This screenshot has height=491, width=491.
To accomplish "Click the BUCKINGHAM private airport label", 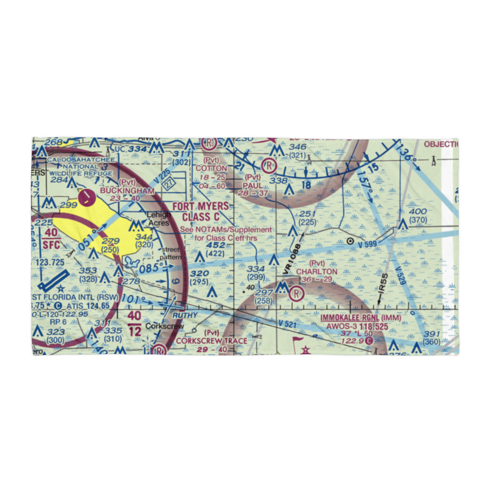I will pos(127,190).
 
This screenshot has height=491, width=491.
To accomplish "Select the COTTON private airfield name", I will pos(212,168).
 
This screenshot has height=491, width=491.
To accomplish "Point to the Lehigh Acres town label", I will pos(160,219).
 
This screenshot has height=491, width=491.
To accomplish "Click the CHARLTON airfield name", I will pos(317,272).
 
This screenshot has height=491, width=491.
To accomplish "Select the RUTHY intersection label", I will pos(185,315).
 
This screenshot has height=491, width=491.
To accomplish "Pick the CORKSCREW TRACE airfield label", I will pos(212,340).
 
